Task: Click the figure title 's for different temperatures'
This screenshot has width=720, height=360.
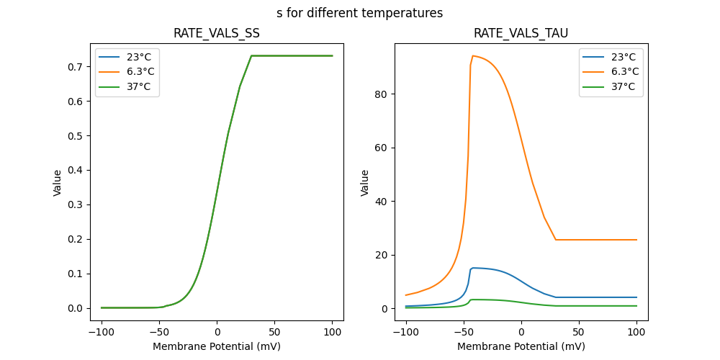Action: tap(359, 13)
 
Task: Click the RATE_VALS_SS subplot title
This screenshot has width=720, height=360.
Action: tap(217, 33)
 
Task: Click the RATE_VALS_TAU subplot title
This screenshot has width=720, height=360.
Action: tap(521, 33)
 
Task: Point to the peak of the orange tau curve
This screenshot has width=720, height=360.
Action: tap(473, 55)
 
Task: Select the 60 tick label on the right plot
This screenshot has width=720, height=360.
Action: tap(383, 148)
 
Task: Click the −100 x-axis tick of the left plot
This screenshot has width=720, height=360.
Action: tap(102, 333)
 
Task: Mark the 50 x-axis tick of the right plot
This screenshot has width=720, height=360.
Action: tap(579, 333)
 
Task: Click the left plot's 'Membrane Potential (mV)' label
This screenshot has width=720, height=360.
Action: tap(217, 346)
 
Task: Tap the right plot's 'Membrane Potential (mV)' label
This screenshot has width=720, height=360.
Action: tap(521, 346)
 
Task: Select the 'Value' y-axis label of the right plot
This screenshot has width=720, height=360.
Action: tap(365, 182)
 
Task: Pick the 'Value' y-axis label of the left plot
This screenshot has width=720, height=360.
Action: tap(58, 182)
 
